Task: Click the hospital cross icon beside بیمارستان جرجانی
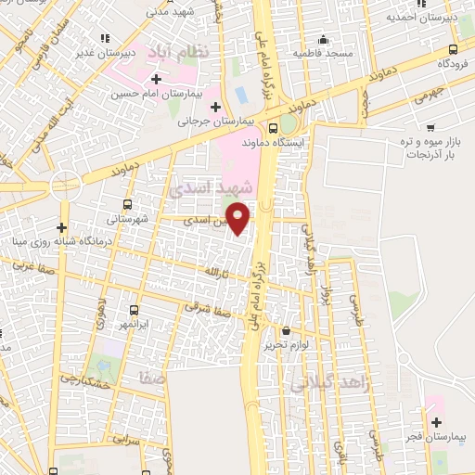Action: [215, 106]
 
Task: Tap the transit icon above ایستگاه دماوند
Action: [273, 129]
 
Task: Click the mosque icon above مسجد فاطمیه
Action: [323, 40]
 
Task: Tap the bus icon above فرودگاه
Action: [452, 50]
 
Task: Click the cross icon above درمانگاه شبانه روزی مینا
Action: [61, 226]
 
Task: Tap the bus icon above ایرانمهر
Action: [135, 310]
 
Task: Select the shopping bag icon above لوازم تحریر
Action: [286, 330]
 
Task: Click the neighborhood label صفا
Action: [151, 379]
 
